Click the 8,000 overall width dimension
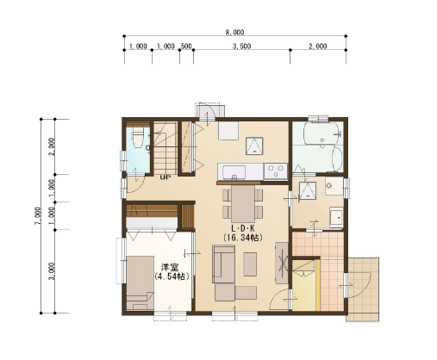(234, 32)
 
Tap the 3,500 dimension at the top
(241, 46)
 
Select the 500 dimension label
(186, 46)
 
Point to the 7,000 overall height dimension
(38, 216)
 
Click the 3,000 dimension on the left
(52, 271)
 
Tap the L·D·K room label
(243, 228)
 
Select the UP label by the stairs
(165, 177)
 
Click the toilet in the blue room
(137, 137)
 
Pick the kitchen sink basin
(234, 172)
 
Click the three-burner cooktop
(276, 171)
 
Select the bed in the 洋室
(140, 283)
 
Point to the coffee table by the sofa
(250, 264)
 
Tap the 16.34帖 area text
(243, 238)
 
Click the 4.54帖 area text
(172, 276)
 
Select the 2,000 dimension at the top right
(318, 46)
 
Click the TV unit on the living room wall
(282, 263)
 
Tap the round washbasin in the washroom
(329, 185)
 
